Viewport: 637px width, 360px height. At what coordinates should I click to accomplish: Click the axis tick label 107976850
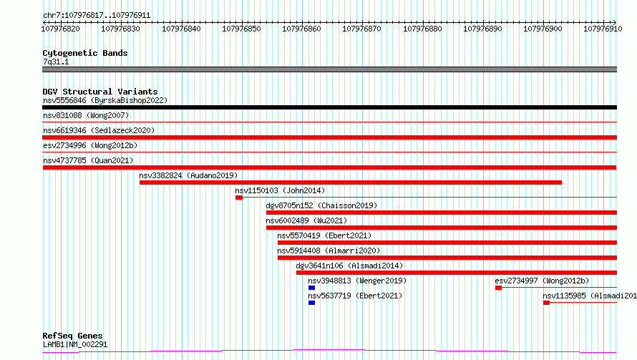[241, 29]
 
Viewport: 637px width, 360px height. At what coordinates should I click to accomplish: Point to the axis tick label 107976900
[543, 29]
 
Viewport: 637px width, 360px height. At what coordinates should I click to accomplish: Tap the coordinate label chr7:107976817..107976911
[97, 16]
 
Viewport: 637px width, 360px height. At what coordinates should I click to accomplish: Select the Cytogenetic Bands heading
[85, 53]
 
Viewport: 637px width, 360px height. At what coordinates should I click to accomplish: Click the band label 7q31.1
[56, 62]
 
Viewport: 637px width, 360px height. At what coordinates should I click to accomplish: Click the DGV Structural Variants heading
[100, 92]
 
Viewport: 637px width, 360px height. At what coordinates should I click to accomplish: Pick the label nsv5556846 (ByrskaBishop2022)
[105, 100]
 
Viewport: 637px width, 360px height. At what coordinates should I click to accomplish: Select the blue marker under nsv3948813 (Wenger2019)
[311, 288]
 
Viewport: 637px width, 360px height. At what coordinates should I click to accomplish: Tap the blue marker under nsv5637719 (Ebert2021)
[311, 303]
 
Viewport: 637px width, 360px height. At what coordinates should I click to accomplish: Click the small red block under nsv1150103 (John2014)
[239, 198]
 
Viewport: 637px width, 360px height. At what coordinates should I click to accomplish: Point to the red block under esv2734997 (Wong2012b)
[498, 288]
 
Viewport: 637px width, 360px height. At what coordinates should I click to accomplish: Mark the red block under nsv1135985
[546, 303]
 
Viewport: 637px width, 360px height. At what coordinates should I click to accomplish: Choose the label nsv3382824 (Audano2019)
[188, 175]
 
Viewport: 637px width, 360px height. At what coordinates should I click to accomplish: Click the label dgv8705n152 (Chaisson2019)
[322, 205]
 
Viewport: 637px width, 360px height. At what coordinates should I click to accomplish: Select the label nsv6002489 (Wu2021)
[307, 220]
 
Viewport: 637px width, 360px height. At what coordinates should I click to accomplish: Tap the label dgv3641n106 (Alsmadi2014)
[349, 266]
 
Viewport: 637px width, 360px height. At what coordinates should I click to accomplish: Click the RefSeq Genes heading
[73, 336]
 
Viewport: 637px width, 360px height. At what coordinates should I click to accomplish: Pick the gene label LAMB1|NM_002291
[75, 344]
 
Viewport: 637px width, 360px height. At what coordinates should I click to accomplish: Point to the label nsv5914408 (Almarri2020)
[329, 250]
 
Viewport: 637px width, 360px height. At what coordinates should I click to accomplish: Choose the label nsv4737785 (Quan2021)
[88, 160]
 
